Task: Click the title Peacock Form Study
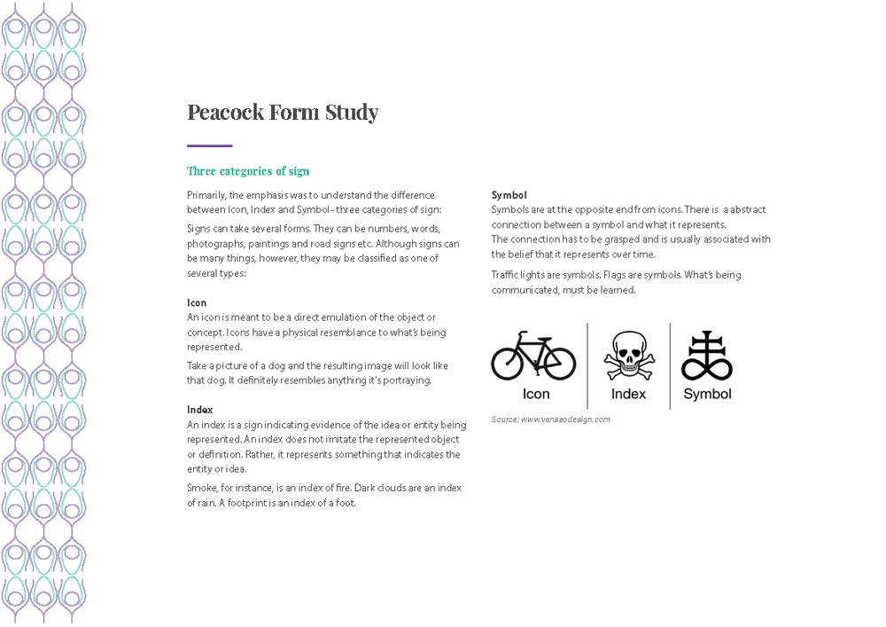coord(283,113)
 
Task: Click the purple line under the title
coord(209,145)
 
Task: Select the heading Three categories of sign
coord(248,171)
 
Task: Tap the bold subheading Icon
coord(197,302)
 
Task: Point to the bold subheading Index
coord(200,410)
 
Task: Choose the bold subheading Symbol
coord(509,195)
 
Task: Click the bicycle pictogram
coord(533,356)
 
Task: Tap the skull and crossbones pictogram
coord(629,354)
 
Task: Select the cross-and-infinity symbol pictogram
coord(706,355)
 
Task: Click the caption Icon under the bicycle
coord(536,394)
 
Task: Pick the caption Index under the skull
coord(629,394)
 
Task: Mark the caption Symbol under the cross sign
coord(707,394)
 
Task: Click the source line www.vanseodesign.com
coord(551,419)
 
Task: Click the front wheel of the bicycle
coord(558,362)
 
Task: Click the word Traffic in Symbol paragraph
coord(506,275)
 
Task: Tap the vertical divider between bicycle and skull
coord(587,365)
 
